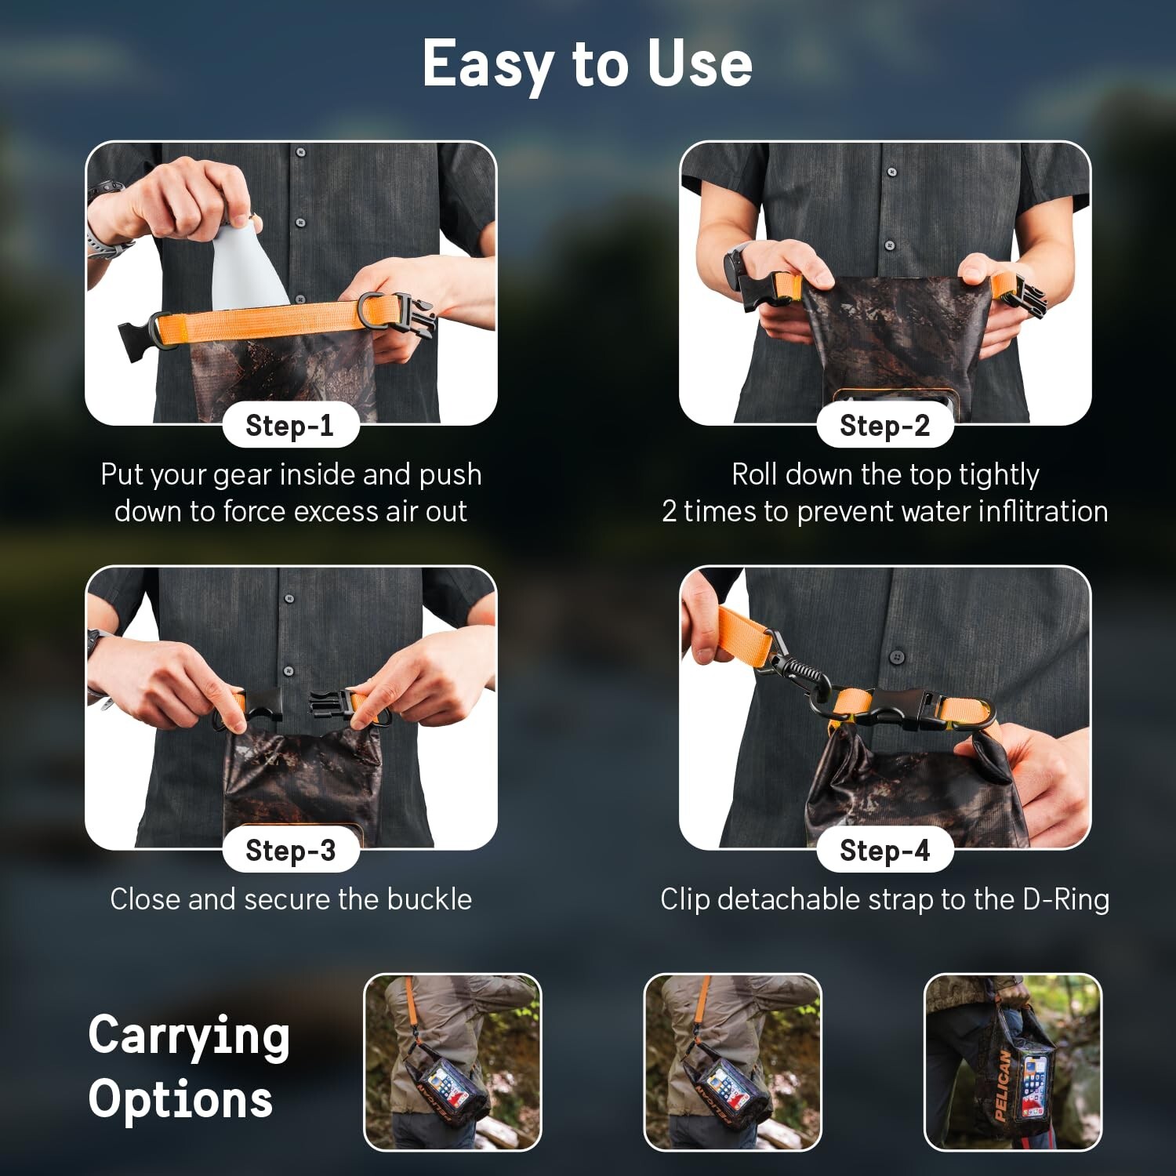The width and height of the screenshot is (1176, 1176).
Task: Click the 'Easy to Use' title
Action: coord(587,64)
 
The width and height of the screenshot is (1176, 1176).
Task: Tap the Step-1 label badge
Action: coord(290,426)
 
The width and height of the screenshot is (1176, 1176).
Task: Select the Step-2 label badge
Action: coord(884,426)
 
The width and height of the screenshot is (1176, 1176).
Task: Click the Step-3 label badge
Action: coord(290,850)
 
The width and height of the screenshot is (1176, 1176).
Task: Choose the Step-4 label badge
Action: coord(884,850)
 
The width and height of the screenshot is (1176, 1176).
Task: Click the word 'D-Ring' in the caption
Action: coord(1066,899)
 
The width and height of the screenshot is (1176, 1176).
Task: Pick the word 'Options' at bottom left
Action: coord(180,1101)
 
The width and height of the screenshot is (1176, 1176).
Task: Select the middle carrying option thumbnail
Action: coord(732,1062)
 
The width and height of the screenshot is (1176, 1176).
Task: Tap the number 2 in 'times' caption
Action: coord(669,511)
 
